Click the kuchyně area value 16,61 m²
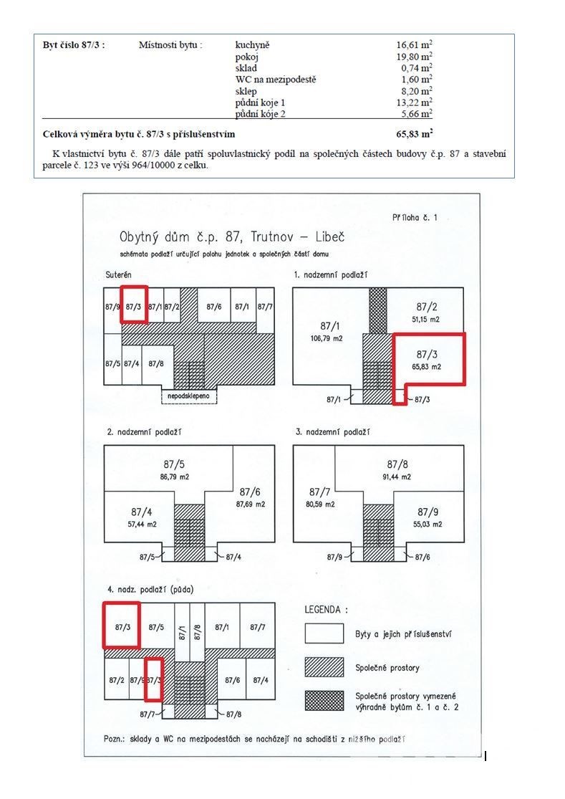(414, 44)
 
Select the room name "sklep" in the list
(246, 91)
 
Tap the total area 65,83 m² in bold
(414, 134)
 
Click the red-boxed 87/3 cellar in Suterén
(134, 306)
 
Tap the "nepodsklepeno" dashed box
(188, 396)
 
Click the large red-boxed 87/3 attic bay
(122, 626)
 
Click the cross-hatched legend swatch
(324, 700)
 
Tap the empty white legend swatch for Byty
(324, 633)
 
